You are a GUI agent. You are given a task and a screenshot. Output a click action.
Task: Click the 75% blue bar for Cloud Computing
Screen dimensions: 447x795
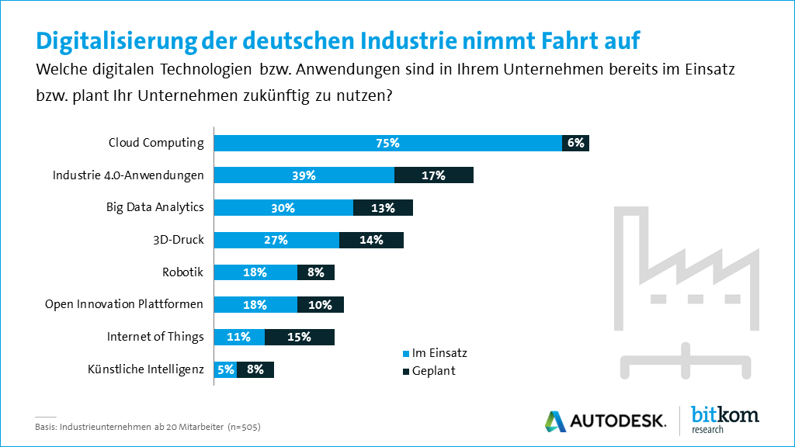coord(387,143)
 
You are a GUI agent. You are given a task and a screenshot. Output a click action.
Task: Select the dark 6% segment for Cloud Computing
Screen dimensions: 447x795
coord(575,143)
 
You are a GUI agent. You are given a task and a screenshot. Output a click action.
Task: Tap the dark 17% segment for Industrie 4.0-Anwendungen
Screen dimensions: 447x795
coord(434,175)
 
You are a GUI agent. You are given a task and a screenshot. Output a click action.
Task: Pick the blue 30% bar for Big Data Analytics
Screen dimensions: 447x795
coord(283,207)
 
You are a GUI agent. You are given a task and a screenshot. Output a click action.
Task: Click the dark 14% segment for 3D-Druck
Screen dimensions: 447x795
coord(371,240)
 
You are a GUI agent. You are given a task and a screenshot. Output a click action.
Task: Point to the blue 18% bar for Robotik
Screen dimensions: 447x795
coord(255,272)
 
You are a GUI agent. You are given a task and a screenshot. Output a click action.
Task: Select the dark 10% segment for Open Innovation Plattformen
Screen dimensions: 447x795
coord(320,304)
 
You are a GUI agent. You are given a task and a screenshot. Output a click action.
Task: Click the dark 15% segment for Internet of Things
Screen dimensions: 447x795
coord(299,337)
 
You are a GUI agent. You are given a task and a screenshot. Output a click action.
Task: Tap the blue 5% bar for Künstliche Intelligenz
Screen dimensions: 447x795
coord(225,369)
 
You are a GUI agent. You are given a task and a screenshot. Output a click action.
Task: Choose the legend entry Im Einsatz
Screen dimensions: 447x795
coord(433,352)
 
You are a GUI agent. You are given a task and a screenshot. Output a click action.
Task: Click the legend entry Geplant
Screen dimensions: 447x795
coord(429,371)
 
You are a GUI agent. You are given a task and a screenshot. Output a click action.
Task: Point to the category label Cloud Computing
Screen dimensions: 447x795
coord(156,143)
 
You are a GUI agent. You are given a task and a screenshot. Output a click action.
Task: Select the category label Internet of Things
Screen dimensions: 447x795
coord(155,337)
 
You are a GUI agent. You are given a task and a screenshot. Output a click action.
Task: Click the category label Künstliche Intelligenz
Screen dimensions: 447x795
coord(146,369)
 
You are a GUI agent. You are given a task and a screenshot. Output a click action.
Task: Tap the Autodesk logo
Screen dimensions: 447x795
coord(605,421)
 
